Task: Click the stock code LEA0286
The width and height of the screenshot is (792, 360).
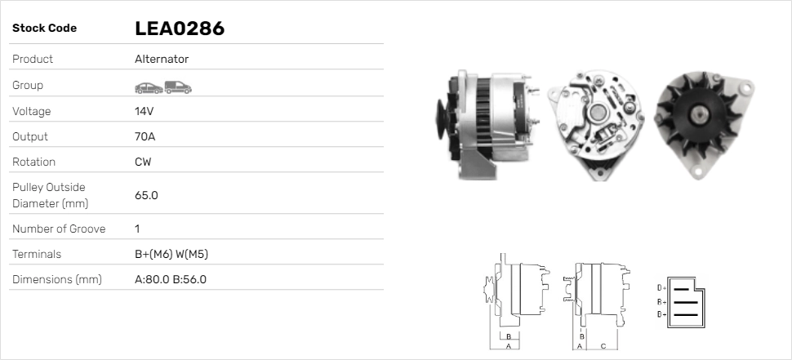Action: (180, 29)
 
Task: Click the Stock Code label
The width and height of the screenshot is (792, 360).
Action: (44, 29)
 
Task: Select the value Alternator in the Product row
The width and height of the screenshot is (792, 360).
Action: (162, 60)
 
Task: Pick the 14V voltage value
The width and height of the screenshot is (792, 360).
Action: (145, 111)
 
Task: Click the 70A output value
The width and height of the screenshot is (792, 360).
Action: (145, 136)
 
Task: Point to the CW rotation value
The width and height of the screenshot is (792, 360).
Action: (143, 162)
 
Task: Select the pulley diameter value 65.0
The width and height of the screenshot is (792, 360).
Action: (146, 195)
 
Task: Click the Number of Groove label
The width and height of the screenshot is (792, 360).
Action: (59, 229)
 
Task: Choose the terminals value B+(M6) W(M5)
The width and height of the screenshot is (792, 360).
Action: (171, 255)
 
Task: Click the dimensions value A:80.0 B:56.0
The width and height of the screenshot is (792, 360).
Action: (171, 280)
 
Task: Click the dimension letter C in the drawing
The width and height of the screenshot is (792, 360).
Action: (603, 346)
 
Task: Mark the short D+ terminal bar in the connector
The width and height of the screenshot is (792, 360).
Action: (682, 288)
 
